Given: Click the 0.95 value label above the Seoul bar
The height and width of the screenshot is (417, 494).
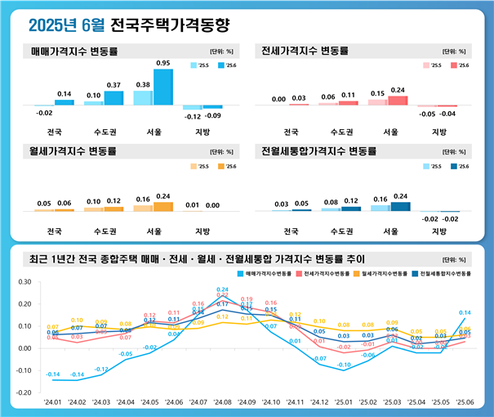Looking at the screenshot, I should point(163,64).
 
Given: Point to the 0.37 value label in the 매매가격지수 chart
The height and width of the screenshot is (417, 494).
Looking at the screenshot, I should point(114,85).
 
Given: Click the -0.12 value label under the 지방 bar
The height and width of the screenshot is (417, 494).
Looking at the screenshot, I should point(191,116).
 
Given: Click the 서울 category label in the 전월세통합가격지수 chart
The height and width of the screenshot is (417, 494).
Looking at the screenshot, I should point(390,231).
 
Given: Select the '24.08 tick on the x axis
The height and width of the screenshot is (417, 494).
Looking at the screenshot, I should point(222,403).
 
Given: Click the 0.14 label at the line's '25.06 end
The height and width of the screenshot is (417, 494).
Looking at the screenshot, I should point(465,312).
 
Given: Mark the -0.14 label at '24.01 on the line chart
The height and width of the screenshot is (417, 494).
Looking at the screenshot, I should point(52,374).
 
